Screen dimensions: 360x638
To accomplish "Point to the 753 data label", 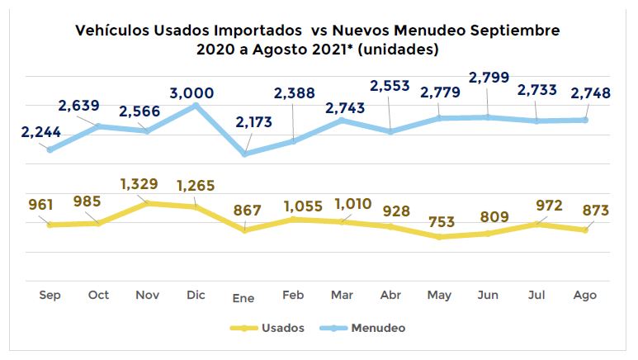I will coord(441,221).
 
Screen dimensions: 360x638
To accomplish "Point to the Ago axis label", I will coord(584,295).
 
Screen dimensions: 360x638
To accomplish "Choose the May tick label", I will coord(439,295).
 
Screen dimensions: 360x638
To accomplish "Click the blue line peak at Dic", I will coord(196,106).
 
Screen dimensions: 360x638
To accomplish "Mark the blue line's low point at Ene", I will coord(245,154).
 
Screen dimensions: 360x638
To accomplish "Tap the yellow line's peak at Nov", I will coord(148,202).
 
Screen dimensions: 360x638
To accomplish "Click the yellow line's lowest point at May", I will coord(439,237).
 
